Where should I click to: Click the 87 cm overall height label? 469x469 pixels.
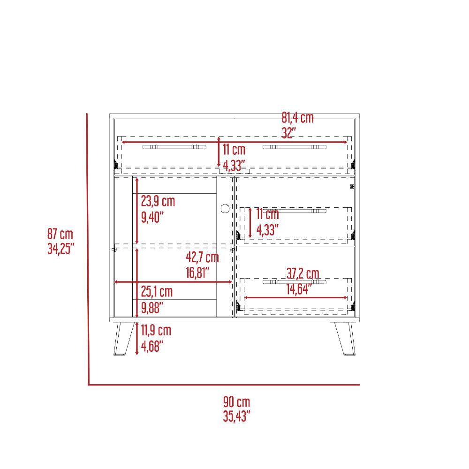click(x=60, y=234)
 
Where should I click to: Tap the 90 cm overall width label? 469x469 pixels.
click(x=236, y=402)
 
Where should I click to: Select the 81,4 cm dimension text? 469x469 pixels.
click(x=298, y=118)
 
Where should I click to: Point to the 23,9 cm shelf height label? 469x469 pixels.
click(x=158, y=201)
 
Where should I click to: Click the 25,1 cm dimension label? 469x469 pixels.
click(x=157, y=292)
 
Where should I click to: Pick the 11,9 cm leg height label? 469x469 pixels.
click(x=156, y=330)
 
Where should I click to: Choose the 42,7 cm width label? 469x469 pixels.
click(x=202, y=257)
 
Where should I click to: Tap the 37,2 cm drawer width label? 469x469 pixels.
click(x=303, y=273)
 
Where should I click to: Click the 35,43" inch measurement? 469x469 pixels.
click(x=236, y=416)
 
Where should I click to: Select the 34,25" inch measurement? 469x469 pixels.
click(x=61, y=249)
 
